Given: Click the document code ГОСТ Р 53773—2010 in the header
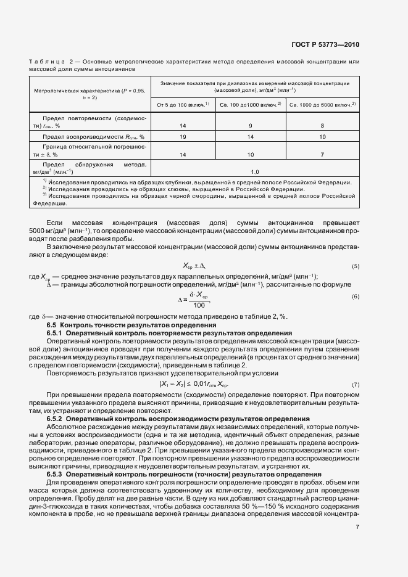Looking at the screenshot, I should pos(326,45).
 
